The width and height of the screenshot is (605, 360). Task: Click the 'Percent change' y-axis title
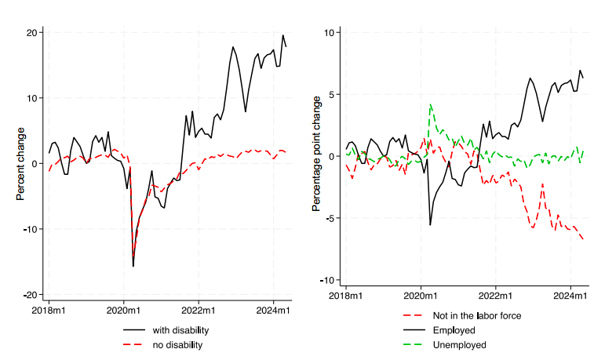click(x=21, y=163)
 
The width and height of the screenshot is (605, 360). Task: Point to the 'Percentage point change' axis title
click(x=317, y=155)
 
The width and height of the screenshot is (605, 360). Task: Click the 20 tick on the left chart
click(x=34, y=32)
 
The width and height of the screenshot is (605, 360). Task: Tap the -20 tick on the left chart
click(x=31, y=294)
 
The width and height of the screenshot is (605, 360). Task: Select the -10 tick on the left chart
click(x=31, y=229)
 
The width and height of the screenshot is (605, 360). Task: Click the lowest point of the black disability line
click(x=133, y=267)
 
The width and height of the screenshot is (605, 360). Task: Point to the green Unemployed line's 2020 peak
click(x=431, y=104)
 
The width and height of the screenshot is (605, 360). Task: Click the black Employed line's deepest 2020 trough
click(x=430, y=225)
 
